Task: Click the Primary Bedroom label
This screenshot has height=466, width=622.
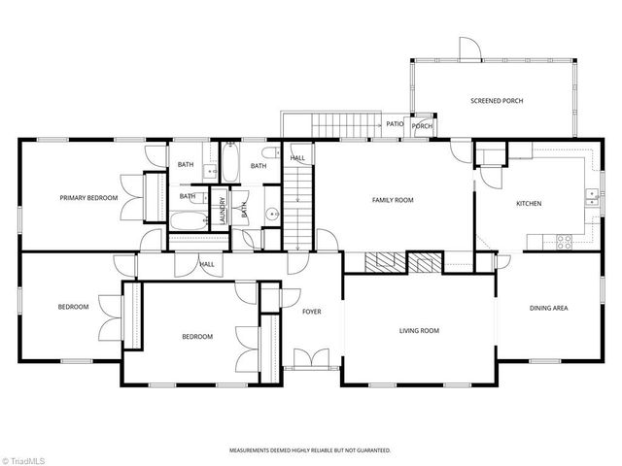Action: click(88, 198)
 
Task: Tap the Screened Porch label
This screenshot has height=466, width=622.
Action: click(497, 101)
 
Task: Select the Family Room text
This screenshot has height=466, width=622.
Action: click(393, 200)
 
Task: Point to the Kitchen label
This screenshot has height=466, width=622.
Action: click(529, 204)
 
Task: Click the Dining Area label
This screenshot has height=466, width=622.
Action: click(548, 309)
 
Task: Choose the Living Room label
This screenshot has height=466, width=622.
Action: click(419, 331)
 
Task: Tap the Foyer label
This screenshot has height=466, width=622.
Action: click(311, 312)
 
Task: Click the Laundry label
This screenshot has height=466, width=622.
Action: click(223, 211)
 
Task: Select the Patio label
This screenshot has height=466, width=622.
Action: click(395, 124)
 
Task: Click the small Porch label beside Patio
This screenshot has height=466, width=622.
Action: click(422, 126)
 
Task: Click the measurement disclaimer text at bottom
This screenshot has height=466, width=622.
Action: click(310, 450)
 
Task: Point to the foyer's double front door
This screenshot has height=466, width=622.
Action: click(311, 361)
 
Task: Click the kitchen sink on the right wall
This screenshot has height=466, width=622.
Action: click(591, 197)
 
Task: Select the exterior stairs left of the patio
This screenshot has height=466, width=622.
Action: click(329, 124)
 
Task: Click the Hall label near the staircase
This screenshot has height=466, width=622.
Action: click(297, 158)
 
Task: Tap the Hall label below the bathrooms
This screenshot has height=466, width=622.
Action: click(207, 264)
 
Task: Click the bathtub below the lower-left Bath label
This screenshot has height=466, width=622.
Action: click(188, 221)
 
